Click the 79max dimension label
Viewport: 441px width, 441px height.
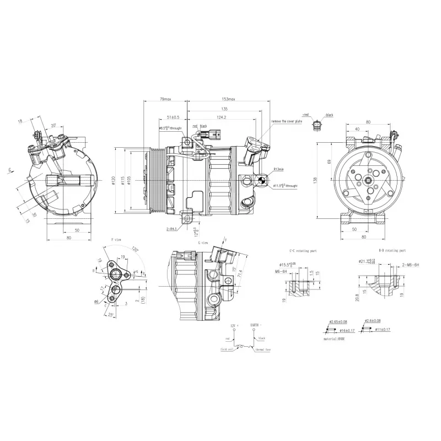pos(165,99)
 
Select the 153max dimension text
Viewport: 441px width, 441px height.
pos(228,99)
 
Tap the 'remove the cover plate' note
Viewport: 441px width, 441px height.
pos(286,121)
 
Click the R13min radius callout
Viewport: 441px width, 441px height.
pos(278,169)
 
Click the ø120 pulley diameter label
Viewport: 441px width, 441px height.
pos(113,180)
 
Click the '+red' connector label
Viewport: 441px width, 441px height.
pos(306,115)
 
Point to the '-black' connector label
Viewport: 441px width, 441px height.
pos(330,115)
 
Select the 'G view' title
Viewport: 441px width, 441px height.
pos(187,242)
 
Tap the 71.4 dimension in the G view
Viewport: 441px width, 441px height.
pos(240,274)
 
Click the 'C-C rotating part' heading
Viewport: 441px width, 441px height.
pos(303,251)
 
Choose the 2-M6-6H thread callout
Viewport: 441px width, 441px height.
pos(410,265)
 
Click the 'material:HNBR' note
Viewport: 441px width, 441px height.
pos(335,339)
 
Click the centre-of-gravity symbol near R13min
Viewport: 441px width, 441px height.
pos(262,180)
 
